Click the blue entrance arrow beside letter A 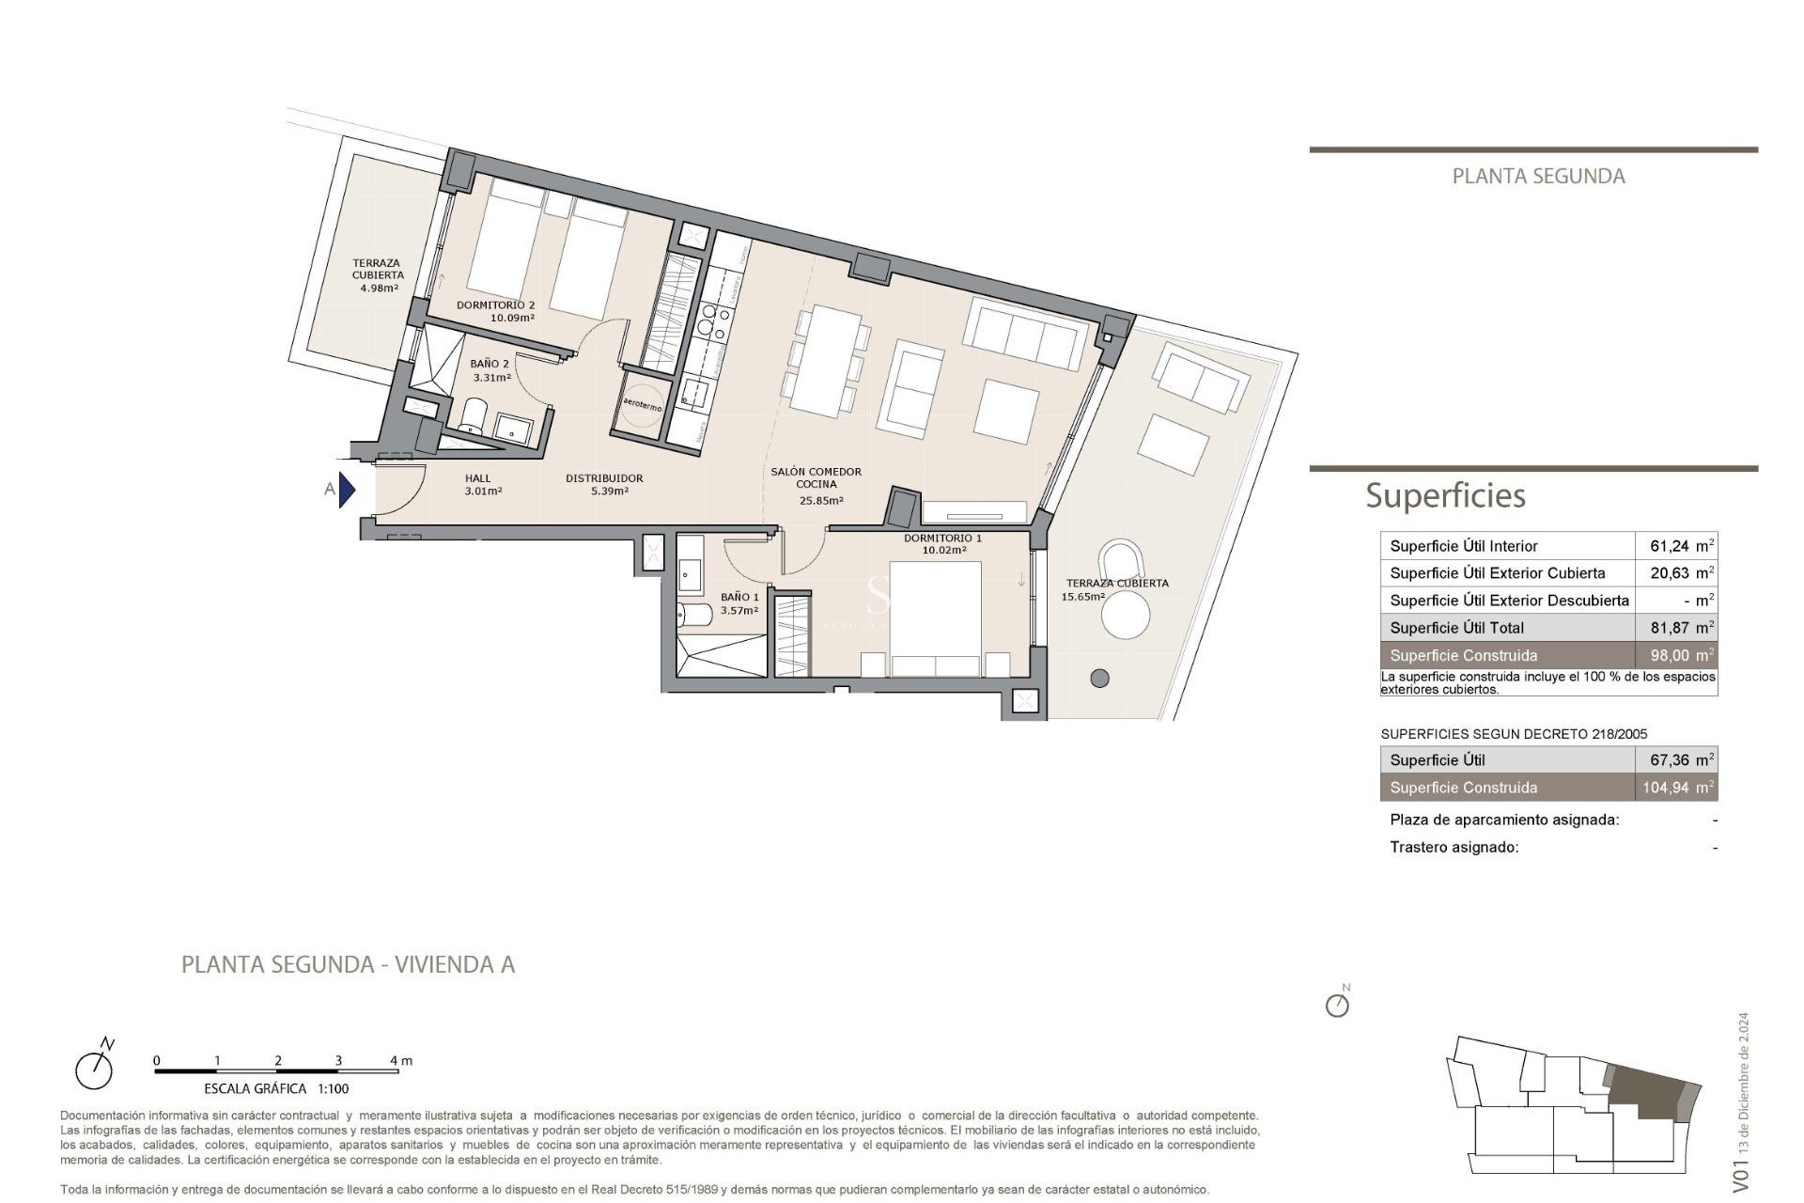(x=347, y=490)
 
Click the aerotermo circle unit (x=643, y=406)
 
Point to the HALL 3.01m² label (x=481, y=485)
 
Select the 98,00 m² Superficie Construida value (x=1680, y=655)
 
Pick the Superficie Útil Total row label (x=1456, y=628)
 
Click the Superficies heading (x=1445, y=495)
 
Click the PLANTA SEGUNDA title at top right (x=1538, y=176)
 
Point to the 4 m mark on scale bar (x=400, y=1061)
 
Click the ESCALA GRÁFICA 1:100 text (x=276, y=1088)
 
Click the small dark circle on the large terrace (x=1099, y=678)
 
